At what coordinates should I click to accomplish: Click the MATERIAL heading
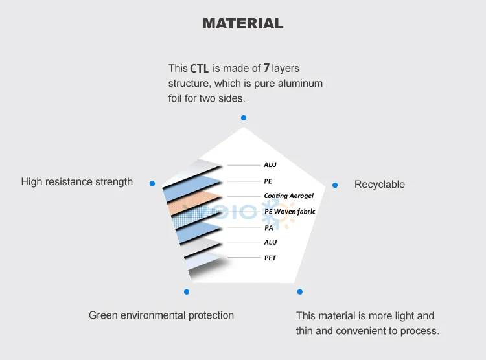(x=243, y=23)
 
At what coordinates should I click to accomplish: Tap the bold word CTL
(x=200, y=68)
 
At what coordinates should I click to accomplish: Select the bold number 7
(x=266, y=67)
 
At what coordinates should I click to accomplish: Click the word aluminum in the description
(x=300, y=84)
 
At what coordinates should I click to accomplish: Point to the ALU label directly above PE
(x=270, y=165)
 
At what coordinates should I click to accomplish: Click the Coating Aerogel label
(x=289, y=196)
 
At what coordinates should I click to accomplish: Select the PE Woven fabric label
(x=290, y=211)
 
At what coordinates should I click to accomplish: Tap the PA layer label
(x=269, y=227)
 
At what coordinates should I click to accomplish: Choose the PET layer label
(x=270, y=258)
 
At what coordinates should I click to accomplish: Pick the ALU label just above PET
(x=270, y=242)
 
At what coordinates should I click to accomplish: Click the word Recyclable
(x=380, y=185)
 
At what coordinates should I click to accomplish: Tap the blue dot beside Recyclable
(x=335, y=185)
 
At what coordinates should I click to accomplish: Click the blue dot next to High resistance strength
(x=152, y=183)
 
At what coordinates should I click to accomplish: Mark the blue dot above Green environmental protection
(x=187, y=292)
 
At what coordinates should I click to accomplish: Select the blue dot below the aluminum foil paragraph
(x=244, y=118)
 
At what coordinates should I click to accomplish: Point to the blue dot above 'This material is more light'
(x=299, y=292)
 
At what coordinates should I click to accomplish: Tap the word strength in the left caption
(x=115, y=182)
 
